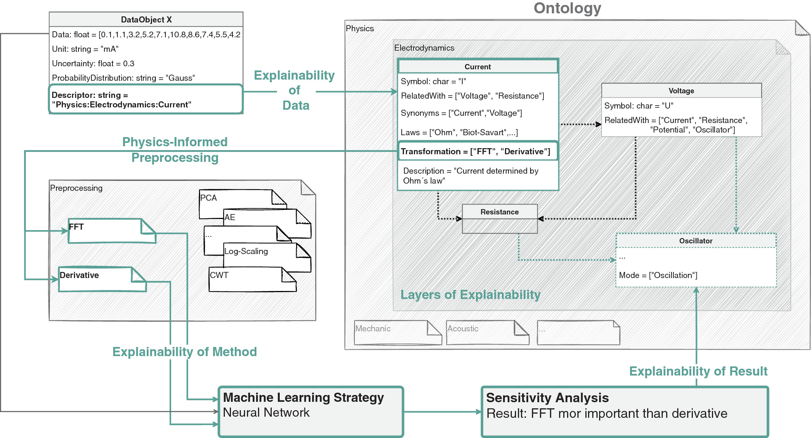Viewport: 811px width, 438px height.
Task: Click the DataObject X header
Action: click(x=146, y=19)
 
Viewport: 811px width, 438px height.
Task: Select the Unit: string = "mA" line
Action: click(x=85, y=49)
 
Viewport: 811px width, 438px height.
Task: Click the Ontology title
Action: click(x=567, y=8)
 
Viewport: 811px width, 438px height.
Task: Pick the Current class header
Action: click(x=478, y=67)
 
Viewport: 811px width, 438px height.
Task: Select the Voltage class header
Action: click(x=681, y=91)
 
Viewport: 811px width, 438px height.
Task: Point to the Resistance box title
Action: click(x=499, y=212)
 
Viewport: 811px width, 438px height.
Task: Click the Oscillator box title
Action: click(x=696, y=241)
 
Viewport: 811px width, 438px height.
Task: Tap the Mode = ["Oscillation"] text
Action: click(x=658, y=275)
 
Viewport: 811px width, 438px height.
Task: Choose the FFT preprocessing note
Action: click(x=111, y=231)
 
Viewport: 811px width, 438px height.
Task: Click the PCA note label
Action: click(x=208, y=198)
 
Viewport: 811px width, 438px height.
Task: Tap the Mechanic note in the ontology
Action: click(x=396, y=332)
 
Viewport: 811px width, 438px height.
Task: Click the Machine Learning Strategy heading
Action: click(x=303, y=398)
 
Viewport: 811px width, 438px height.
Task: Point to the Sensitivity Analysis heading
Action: click(x=547, y=398)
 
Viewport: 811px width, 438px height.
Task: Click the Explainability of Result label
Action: click(x=698, y=371)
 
